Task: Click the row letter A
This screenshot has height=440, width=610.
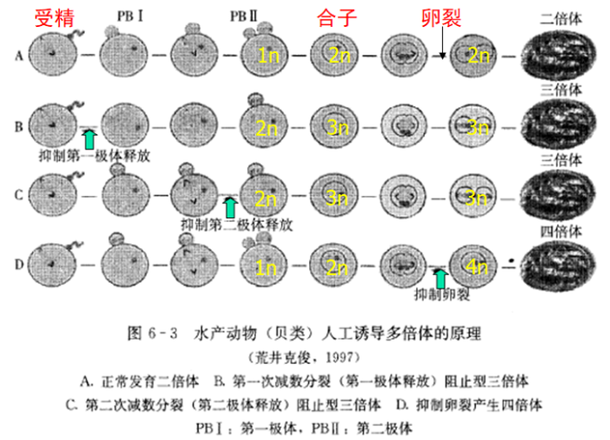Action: coord(18,56)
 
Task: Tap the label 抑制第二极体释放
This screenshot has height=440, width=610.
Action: coord(237,223)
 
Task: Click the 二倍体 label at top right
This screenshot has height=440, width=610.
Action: coord(559,17)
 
